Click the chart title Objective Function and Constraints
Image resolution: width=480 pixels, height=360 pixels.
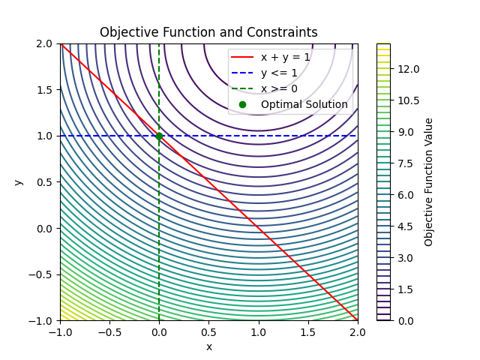point(208,33)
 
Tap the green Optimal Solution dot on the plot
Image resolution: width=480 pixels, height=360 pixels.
point(159,136)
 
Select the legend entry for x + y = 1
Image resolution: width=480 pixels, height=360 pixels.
point(285,57)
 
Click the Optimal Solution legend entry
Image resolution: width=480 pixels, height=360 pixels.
point(304,104)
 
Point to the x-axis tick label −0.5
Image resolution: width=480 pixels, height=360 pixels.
point(109,331)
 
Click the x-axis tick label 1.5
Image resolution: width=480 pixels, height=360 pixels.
point(308,331)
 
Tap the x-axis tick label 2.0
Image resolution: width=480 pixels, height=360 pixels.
point(358,331)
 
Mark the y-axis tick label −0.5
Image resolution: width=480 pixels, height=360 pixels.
point(42,274)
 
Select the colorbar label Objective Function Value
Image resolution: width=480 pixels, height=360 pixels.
point(429,182)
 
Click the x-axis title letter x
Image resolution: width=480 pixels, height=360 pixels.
point(208,346)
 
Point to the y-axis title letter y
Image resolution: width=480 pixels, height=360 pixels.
point(16,182)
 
